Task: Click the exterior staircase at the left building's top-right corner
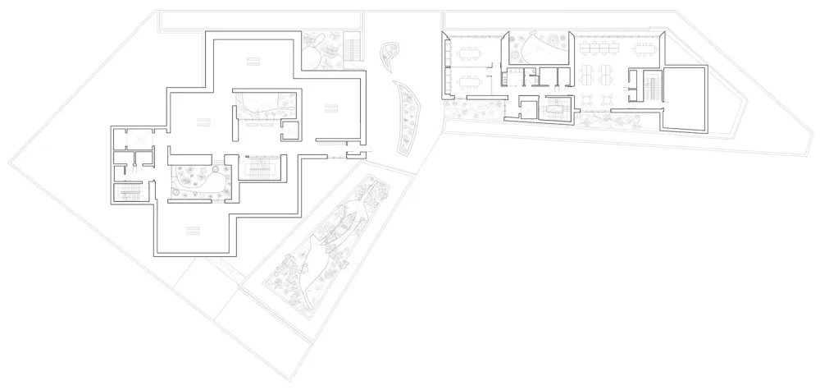point(353,44)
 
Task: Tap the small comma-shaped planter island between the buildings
point(389,56)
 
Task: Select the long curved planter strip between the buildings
point(407,117)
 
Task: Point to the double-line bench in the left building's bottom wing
point(194,228)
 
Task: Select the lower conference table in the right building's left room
point(471,81)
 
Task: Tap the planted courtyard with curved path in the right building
point(537,48)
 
